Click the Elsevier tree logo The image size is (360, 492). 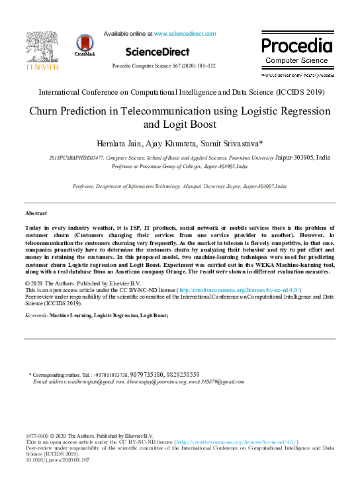[x=42, y=49]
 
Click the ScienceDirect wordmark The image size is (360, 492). [x=154, y=51]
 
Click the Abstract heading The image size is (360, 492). [x=36, y=214]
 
